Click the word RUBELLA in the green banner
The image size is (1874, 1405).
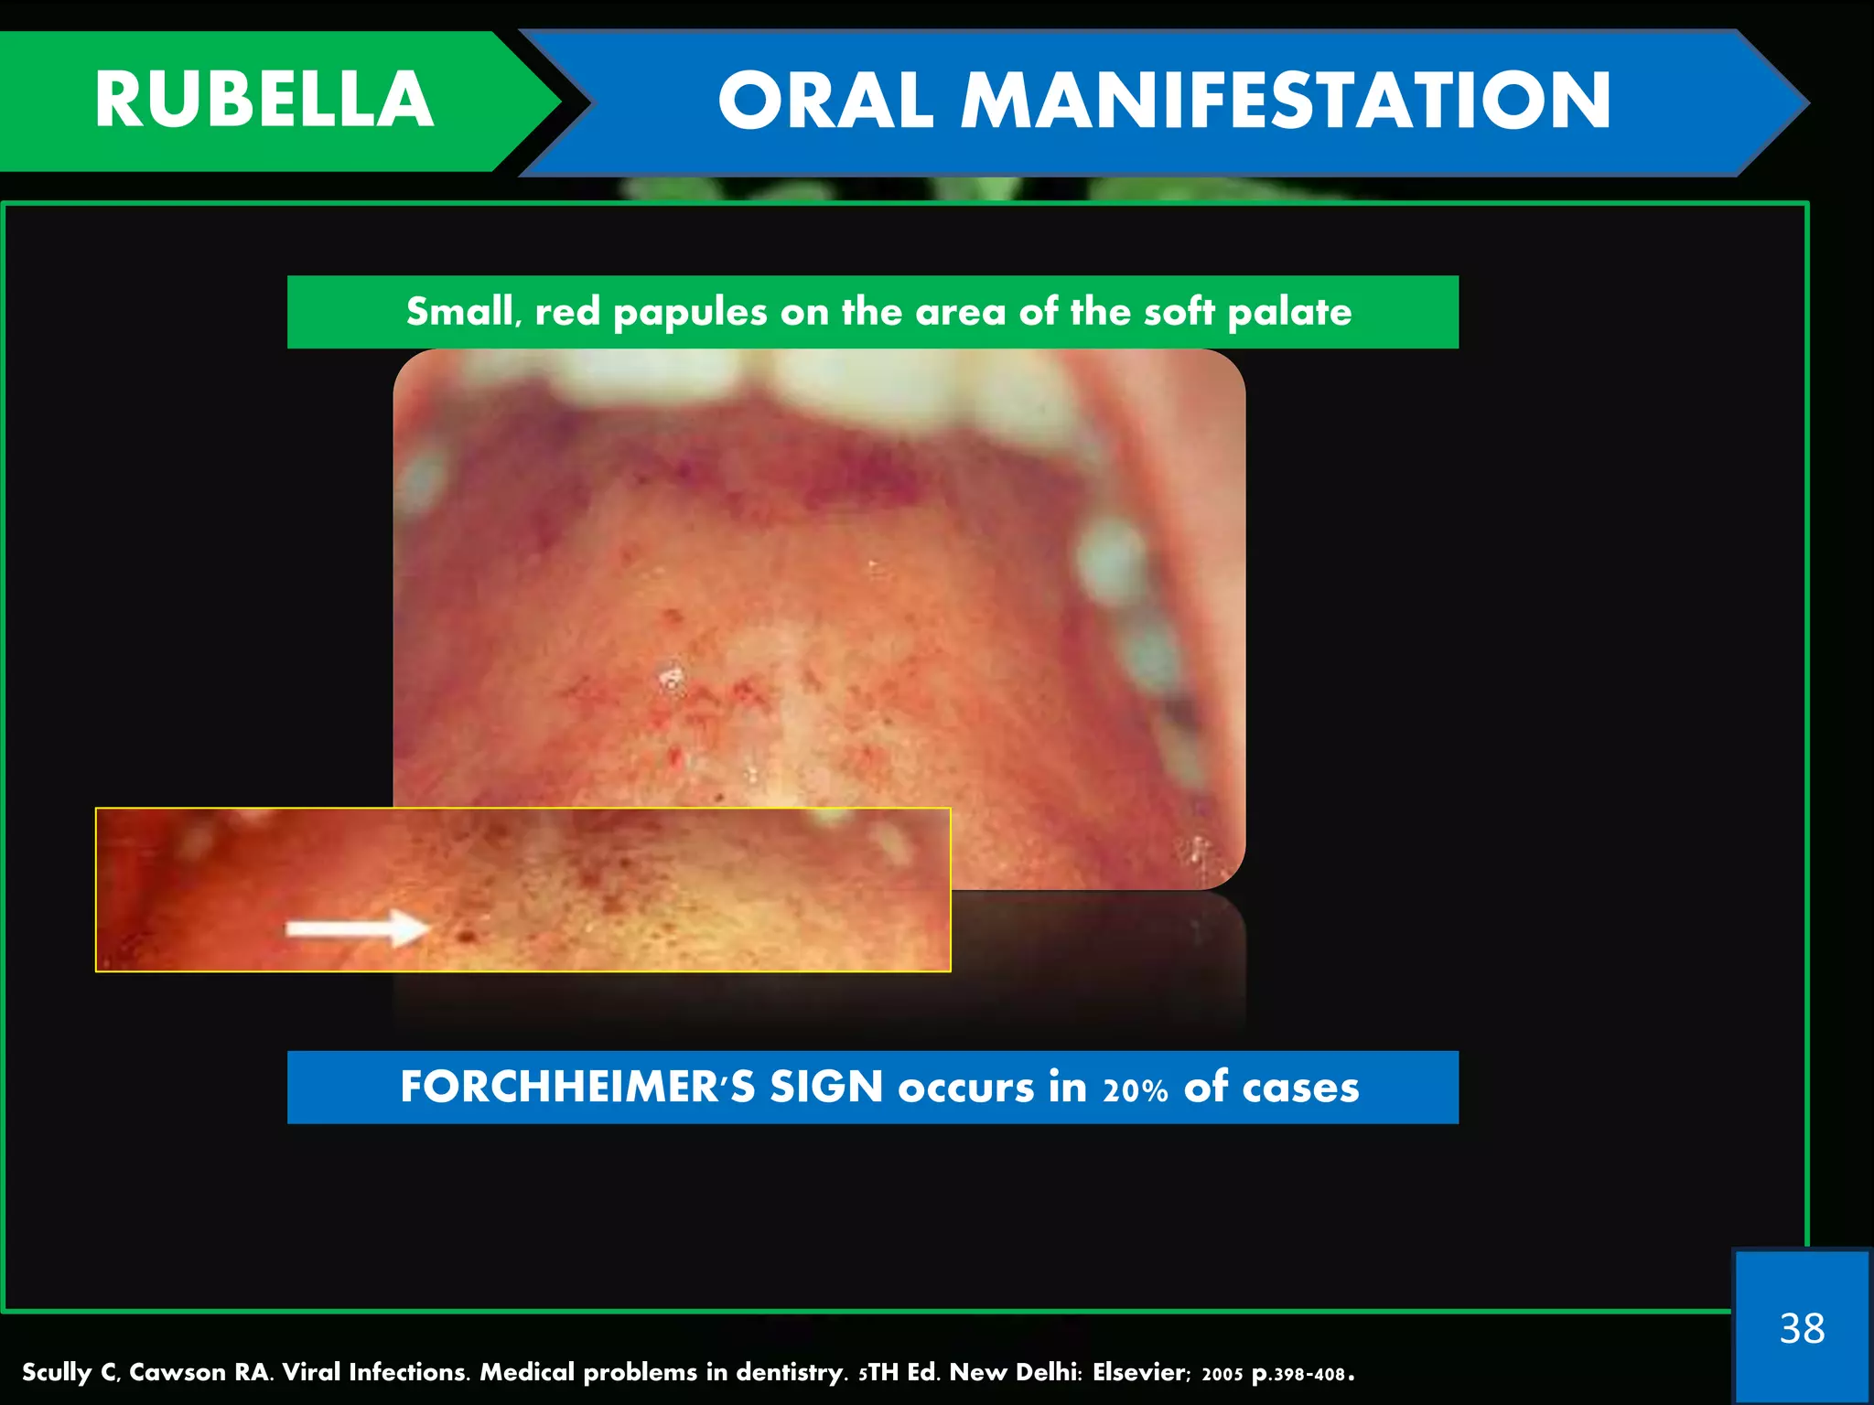(x=264, y=101)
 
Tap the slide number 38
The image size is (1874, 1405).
(x=1802, y=1328)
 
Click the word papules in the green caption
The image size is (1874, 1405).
(x=690, y=313)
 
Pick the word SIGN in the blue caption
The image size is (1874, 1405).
(x=825, y=1088)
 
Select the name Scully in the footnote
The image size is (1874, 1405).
(x=57, y=1373)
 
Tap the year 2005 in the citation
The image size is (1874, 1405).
(x=1222, y=1374)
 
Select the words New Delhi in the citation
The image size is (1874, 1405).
(x=1016, y=1372)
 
